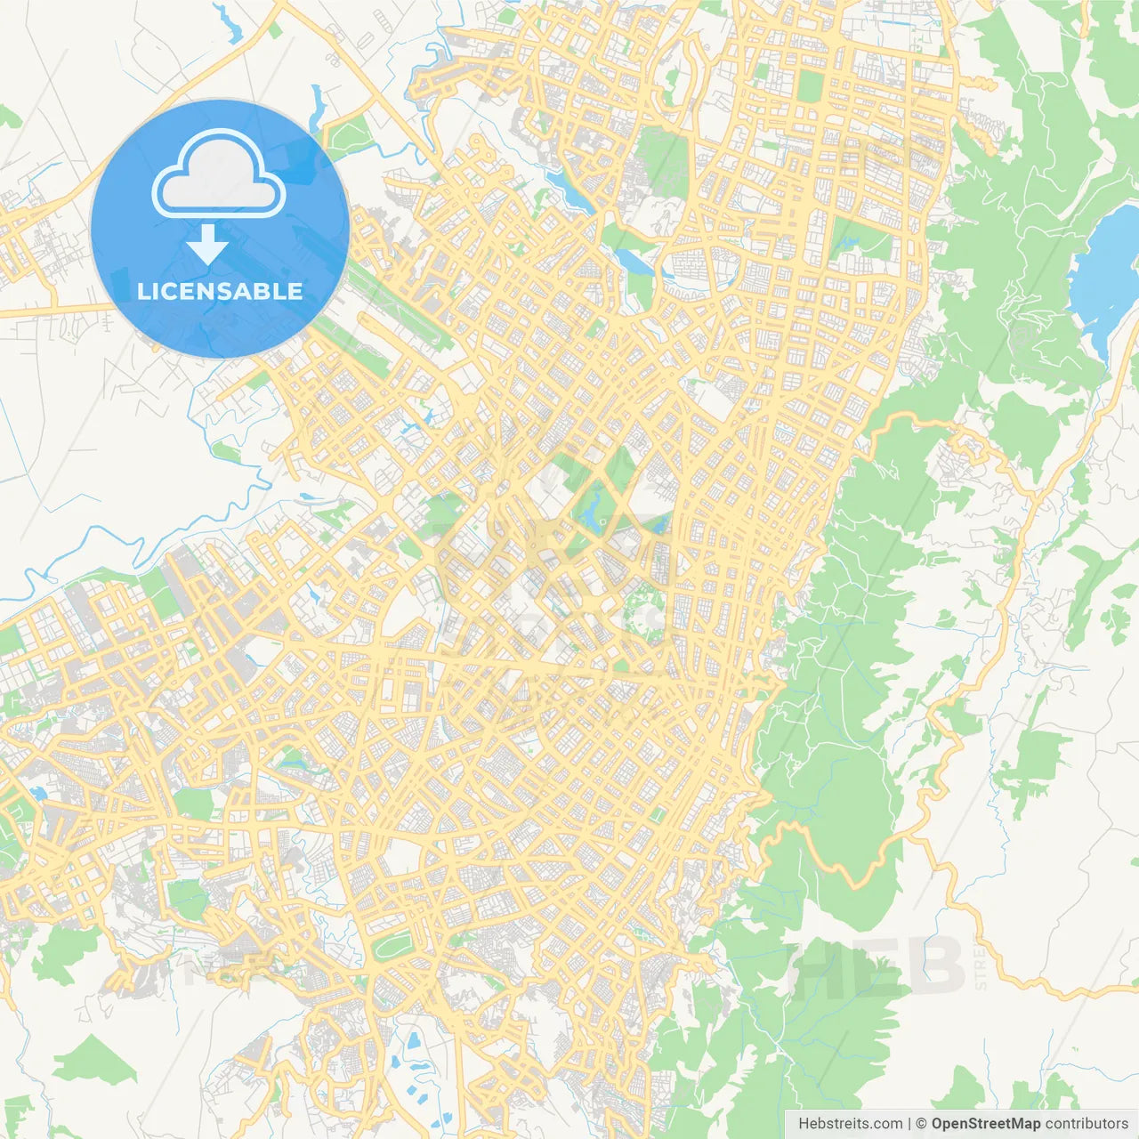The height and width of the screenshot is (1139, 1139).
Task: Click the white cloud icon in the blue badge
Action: click(219, 174)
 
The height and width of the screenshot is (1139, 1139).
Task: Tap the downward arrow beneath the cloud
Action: click(207, 245)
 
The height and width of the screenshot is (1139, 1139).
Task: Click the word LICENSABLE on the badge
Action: click(220, 291)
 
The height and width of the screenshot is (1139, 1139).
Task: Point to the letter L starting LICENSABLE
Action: click(143, 291)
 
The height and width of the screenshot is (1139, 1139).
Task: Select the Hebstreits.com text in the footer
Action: click(850, 1124)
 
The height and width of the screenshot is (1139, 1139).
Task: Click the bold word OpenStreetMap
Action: click(985, 1124)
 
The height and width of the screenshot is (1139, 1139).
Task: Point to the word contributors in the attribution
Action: click(1086, 1124)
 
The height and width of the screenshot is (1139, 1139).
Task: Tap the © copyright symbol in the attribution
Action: click(921, 1124)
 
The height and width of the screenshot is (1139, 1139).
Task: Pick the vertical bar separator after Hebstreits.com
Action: click(909, 1124)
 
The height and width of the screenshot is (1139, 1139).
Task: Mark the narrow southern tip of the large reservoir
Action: click(1106, 356)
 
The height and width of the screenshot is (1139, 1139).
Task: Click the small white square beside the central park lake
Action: click(602, 522)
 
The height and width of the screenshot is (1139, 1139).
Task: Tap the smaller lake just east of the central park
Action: click(658, 523)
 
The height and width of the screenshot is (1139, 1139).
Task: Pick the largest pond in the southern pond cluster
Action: click(415, 1039)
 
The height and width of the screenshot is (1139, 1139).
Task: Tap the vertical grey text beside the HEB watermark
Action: click(981, 968)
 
